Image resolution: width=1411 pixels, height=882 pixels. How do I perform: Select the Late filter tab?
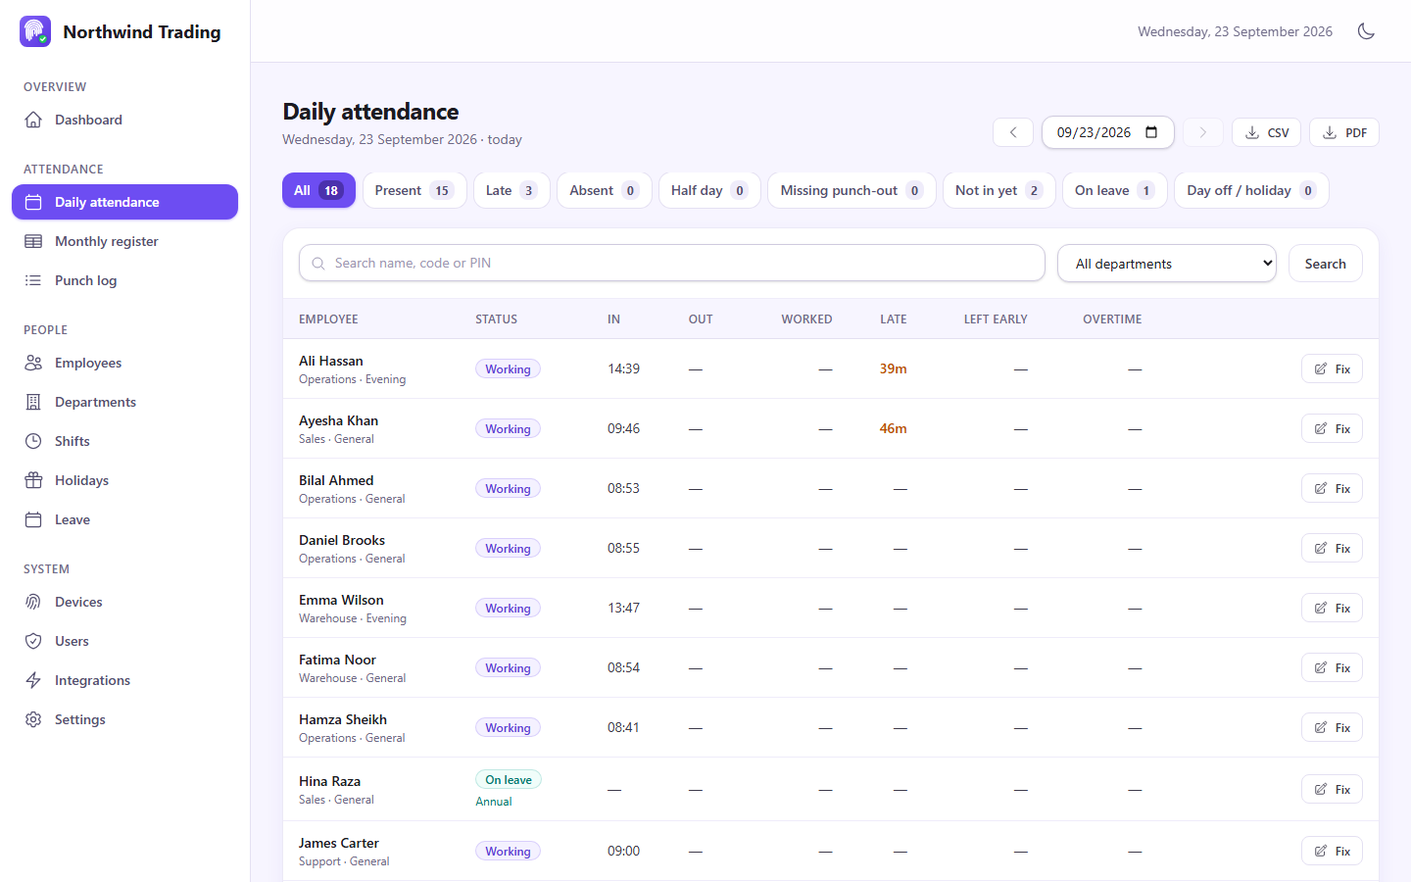[x=511, y=190]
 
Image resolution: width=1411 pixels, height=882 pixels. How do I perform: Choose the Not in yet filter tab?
[x=998, y=190]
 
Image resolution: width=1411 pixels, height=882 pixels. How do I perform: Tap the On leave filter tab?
[x=1114, y=190]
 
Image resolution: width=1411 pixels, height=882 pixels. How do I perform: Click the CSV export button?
[x=1266, y=132]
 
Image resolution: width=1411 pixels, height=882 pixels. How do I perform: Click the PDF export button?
[x=1343, y=132]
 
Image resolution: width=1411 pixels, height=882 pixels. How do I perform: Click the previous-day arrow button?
[x=1013, y=132]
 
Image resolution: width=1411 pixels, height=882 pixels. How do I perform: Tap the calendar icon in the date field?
[x=1151, y=132]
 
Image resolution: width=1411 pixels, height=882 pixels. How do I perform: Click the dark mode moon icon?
[x=1366, y=31]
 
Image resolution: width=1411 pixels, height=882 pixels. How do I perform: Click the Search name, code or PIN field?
[x=671, y=263]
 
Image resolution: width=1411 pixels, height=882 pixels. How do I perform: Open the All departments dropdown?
[x=1167, y=264]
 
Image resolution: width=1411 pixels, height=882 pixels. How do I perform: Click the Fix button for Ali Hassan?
[x=1332, y=368]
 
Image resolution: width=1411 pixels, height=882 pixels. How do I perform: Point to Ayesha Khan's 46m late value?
[x=894, y=428]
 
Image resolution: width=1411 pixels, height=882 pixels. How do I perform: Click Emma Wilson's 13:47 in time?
[x=623, y=608]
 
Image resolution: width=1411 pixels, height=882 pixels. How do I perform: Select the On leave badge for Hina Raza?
[x=509, y=779]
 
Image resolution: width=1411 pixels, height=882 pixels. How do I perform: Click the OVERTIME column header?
[x=1112, y=318]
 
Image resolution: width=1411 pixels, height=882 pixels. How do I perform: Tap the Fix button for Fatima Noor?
[x=1332, y=667]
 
